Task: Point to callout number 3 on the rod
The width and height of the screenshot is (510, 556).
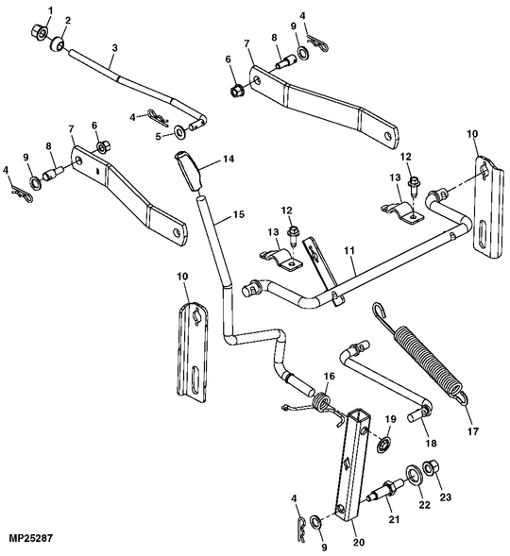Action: coord(114,47)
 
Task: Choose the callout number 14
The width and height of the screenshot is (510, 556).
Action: coord(227,160)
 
